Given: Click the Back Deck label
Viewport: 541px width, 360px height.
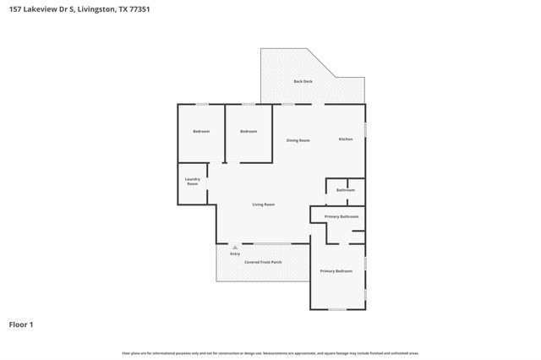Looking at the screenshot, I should [302, 81].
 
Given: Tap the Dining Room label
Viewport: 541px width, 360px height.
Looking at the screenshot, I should [298, 140].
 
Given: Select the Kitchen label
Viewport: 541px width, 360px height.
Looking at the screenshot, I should [346, 139].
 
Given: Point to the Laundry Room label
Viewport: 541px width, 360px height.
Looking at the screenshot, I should [193, 182].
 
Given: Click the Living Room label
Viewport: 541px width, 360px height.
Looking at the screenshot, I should [264, 205].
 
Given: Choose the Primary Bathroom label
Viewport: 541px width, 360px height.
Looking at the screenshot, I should [342, 216].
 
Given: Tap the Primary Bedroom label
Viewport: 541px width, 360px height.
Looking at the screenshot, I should [336, 271].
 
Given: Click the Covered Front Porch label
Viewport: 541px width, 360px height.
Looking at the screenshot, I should [263, 262].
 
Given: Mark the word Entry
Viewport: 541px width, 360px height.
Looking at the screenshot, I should [235, 254].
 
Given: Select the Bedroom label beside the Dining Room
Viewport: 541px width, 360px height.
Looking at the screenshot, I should [248, 132].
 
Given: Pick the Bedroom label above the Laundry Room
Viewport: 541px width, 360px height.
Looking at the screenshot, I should [201, 132].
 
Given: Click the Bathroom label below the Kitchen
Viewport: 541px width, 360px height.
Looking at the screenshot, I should [345, 190].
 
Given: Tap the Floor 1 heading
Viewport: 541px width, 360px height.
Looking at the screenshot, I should [22, 325].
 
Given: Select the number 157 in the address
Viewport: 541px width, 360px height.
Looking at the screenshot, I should [14, 10].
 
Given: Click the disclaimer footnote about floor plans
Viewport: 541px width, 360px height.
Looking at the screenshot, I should [270, 353].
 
